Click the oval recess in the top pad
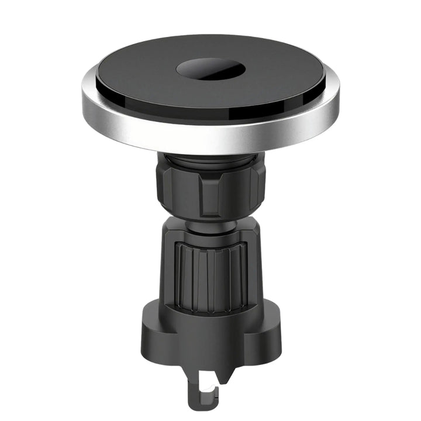click(x=210, y=68)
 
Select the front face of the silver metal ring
click(x=210, y=140)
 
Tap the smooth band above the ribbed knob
click(x=210, y=237)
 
